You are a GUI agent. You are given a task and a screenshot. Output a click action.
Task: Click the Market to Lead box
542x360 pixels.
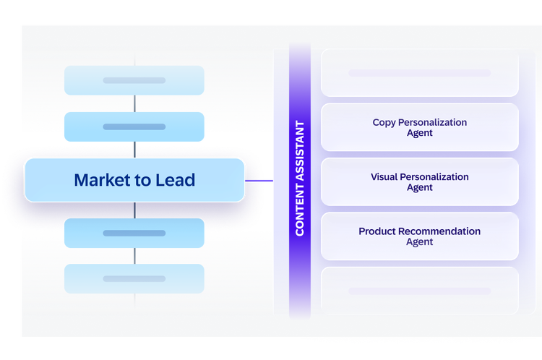pos(135,180)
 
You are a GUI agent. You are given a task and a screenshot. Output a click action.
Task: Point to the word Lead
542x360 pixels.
pos(176,180)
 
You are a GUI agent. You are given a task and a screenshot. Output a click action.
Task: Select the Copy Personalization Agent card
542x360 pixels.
pos(420,127)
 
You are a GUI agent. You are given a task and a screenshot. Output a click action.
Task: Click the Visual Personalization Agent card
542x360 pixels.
pos(420,182)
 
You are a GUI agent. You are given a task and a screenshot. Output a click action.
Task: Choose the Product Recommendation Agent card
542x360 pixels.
pos(420,236)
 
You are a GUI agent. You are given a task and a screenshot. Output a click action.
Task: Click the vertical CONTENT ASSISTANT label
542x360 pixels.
pos(300,179)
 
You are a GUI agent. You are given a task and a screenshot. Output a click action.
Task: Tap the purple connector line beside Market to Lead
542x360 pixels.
pos(259,181)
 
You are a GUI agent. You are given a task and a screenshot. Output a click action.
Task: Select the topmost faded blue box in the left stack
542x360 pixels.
pos(134,80)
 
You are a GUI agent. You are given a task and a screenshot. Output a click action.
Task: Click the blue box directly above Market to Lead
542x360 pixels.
pos(134,127)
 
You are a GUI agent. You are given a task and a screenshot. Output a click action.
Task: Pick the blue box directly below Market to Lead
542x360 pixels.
pos(134,233)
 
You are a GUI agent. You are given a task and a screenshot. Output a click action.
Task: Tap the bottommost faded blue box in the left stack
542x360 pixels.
pos(134,279)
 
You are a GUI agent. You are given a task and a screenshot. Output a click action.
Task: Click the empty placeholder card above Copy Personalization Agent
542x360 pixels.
pos(420,73)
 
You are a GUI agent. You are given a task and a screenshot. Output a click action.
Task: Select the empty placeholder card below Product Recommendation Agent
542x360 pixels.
pos(420,291)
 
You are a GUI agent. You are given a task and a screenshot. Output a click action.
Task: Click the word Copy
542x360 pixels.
pos(384,123)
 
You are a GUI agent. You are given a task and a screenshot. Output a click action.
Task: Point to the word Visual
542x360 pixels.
pos(384,176)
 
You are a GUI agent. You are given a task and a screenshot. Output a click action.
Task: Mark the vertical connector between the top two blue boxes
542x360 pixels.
pos(135,103)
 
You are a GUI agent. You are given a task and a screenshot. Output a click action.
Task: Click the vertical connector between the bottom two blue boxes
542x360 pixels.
pos(135,256)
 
